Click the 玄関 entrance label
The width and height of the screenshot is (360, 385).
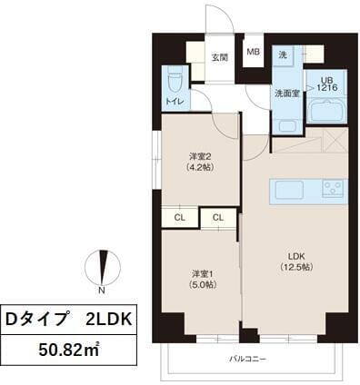tap(219, 57)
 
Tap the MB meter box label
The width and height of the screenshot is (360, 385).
tap(254, 52)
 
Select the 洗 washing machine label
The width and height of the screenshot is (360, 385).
tap(283, 55)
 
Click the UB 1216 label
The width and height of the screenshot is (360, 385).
tap(325, 83)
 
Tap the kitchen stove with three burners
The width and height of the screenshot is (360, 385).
tap(332, 190)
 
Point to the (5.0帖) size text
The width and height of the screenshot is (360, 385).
tap(203, 284)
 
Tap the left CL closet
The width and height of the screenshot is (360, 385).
tap(180, 218)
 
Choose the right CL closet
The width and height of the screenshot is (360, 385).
tap(218, 218)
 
